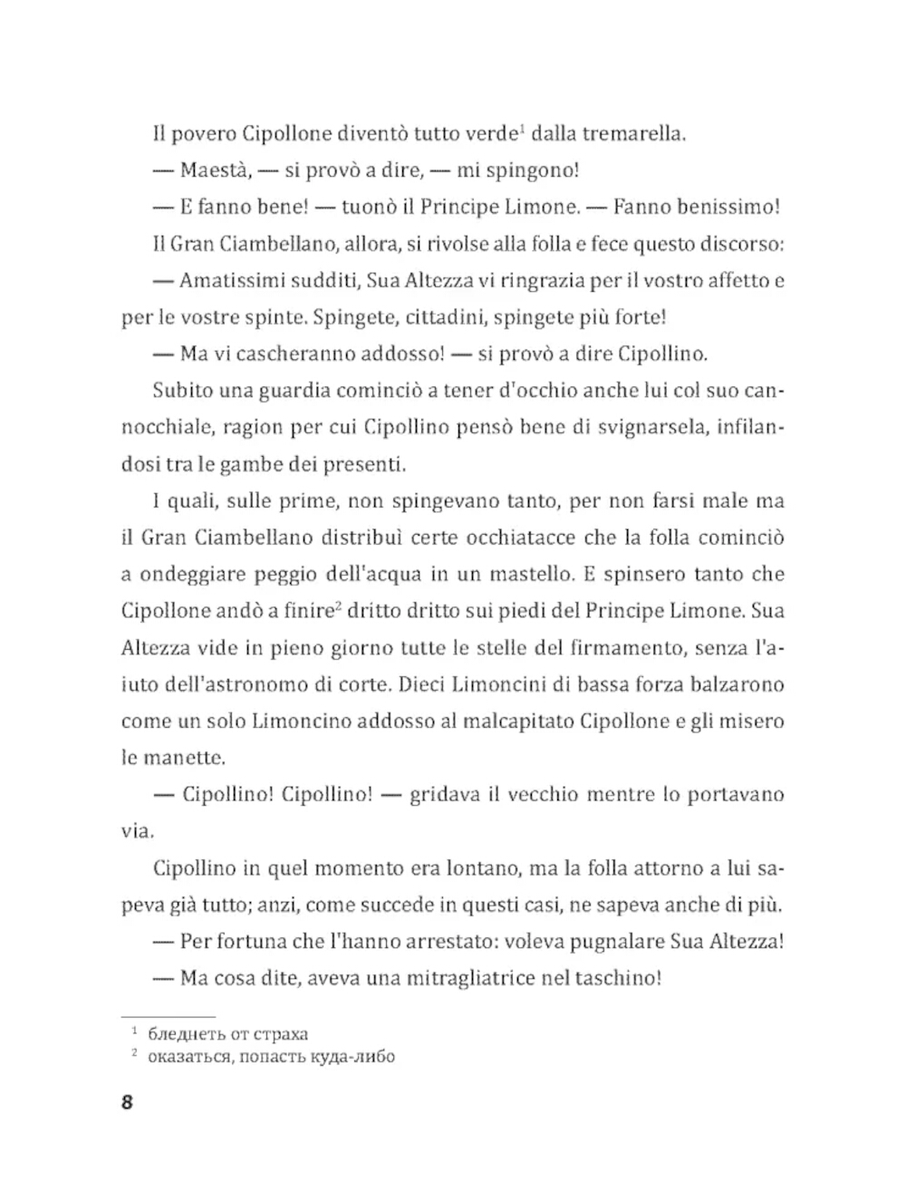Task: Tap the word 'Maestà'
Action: pos(215,170)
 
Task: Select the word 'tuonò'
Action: pos(369,207)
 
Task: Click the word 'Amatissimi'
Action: pos(233,280)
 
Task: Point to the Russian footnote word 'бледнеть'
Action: pos(186,1034)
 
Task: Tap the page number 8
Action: pos(127,1103)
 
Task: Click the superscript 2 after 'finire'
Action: pos(337,606)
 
